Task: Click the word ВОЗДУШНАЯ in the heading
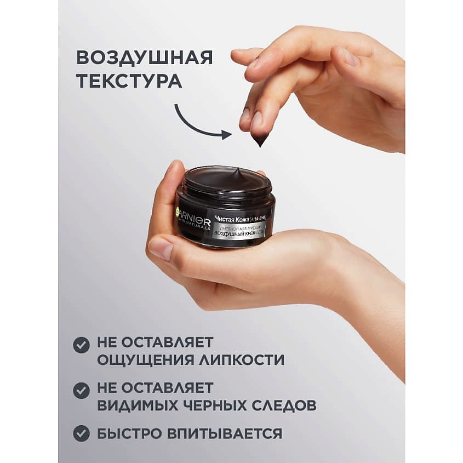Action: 144,58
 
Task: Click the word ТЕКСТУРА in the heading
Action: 129,81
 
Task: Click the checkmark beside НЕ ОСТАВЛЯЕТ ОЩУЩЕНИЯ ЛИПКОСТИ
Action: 82,345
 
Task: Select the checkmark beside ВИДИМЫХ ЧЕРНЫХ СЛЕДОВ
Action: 82,390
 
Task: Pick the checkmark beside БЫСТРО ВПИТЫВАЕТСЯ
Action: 82,433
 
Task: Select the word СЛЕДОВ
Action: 289,405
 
